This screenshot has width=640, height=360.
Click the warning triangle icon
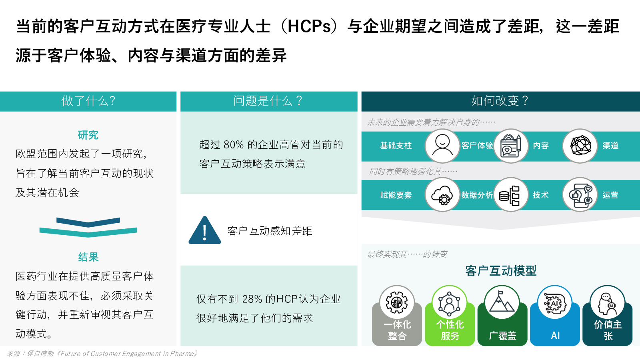(x=205, y=231)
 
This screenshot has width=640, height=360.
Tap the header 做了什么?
(x=88, y=101)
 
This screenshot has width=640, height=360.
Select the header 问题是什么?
(x=268, y=101)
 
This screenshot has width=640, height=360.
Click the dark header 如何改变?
(x=500, y=101)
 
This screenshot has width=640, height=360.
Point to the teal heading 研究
(x=88, y=135)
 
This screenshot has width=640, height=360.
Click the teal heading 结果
(x=88, y=257)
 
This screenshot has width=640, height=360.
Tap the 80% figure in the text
(x=234, y=145)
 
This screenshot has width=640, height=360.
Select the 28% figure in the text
(x=252, y=299)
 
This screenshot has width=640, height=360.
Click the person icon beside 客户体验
(x=442, y=146)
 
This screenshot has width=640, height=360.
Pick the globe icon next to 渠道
(x=580, y=146)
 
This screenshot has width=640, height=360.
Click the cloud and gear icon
(x=442, y=195)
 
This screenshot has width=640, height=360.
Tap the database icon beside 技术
(x=511, y=195)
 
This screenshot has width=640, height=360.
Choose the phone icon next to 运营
(x=580, y=195)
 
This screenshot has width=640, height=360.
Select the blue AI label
(x=555, y=336)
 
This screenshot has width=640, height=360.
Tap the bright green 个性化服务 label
(x=450, y=330)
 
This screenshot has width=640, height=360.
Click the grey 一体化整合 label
(x=397, y=330)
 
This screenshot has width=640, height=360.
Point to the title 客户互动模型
(x=501, y=271)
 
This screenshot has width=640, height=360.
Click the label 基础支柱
(x=396, y=146)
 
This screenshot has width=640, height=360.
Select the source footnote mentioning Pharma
(x=102, y=354)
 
